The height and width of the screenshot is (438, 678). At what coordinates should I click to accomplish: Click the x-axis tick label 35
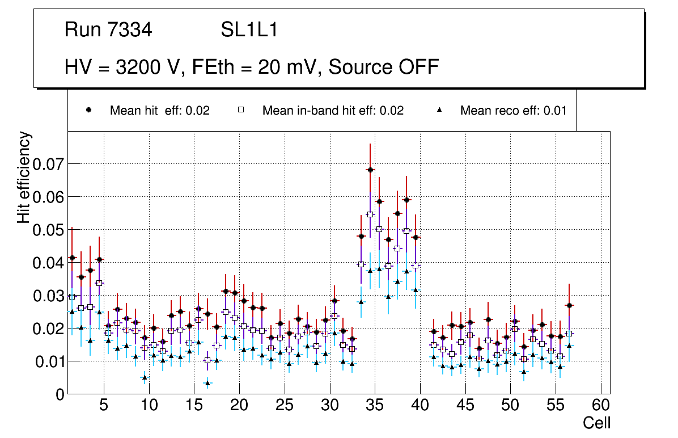coord(375,406)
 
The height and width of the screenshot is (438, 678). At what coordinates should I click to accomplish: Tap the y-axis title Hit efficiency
coord(24,178)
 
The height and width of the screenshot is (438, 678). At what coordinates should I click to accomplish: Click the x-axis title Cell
coord(597,423)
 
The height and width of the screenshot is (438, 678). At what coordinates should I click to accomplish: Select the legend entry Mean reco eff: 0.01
coord(513,111)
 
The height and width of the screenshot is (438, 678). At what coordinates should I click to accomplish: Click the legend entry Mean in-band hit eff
coord(333,111)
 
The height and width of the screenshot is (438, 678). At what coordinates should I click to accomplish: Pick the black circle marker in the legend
coord(88,110)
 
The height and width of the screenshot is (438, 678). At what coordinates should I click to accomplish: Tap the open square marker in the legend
coord(241,110)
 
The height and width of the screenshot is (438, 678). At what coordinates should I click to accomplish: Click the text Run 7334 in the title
coord(108,30)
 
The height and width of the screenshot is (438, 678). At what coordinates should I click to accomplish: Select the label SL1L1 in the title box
coord(249,30)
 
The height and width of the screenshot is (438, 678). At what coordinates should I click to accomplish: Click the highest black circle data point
coord(370,170)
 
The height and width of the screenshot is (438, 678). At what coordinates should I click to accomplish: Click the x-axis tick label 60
coord(601,406)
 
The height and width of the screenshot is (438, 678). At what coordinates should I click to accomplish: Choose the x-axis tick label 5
coord(104,406)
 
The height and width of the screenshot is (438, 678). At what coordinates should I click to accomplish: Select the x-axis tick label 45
coord(465,406)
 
